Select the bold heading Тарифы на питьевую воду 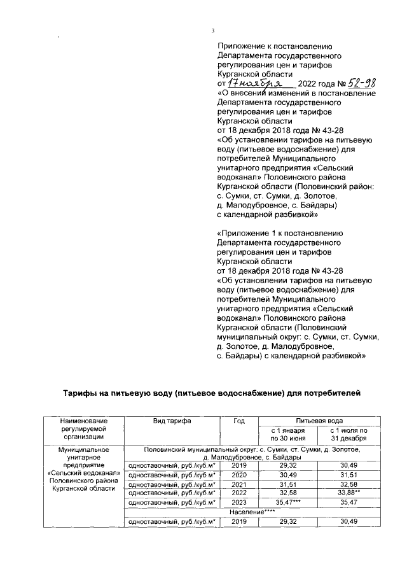point(210,393)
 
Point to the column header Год point(239,421)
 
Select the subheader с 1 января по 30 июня point(289,435)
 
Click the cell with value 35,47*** point(289,502)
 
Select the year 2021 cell point(239,483)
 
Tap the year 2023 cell point(239,502)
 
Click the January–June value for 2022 point(289,492)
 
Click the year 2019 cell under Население point(239,521)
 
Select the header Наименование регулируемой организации point(83,429)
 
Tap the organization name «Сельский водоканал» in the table point(83,473)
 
